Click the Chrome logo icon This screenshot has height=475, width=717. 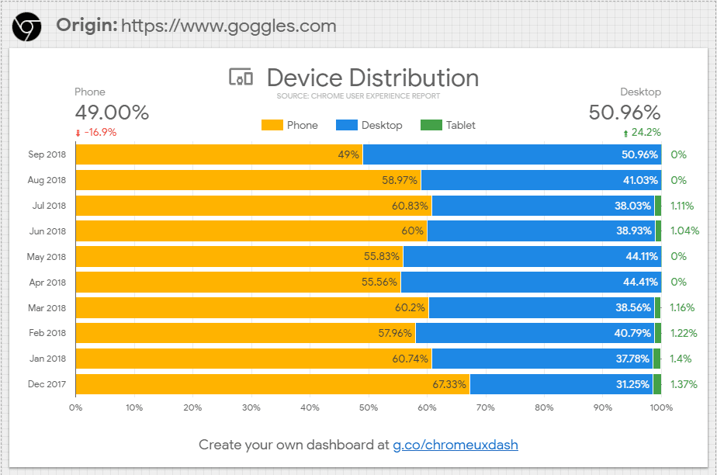(x=27, y=26)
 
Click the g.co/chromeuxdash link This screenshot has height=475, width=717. (x=455, y=445)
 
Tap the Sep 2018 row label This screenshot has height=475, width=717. (x=47, y=154)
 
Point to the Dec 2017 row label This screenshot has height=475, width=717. (x=47, y=384)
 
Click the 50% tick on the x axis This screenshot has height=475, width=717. (x=369, y=407)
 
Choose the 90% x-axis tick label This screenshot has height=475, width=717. (x=603, y=407)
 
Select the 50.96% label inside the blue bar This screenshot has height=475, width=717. (x=639, y=154)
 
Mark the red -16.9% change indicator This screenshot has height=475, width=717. (x=96, y=132)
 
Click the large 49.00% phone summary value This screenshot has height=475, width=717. (x=112, y=113)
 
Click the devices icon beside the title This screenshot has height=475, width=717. (x=241, y=78)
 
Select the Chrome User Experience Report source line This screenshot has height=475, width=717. (x=358, y=96)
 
